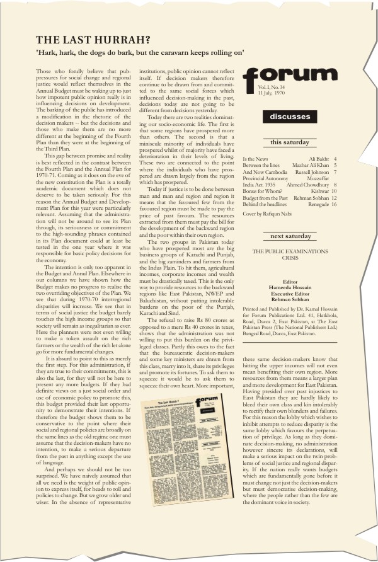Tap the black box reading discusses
tap(290, 117)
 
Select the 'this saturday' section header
tap(290, 142)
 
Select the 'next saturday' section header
tap(290, 236)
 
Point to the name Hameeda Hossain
tap(290, 289)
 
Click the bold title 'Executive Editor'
tap(290, 294)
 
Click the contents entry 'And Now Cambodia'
tap(264, 172)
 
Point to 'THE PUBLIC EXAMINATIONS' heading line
tap(290, 251)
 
